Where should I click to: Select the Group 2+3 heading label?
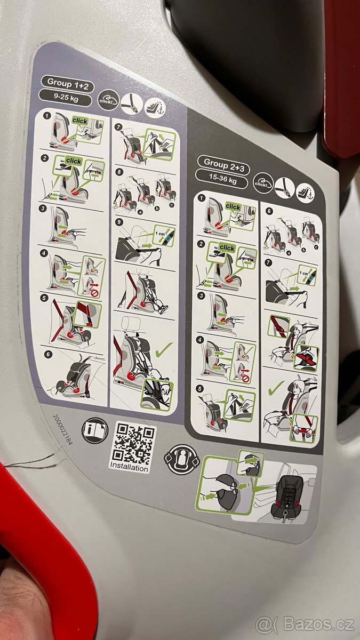(223, 161)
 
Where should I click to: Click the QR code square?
(134, 441)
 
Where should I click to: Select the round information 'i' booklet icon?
(94, 430)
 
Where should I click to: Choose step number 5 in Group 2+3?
(200, 388)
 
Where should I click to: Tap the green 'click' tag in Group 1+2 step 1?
(80, 121)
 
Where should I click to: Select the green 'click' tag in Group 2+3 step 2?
(227, 247)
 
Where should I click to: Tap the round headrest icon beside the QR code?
(183, 458)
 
